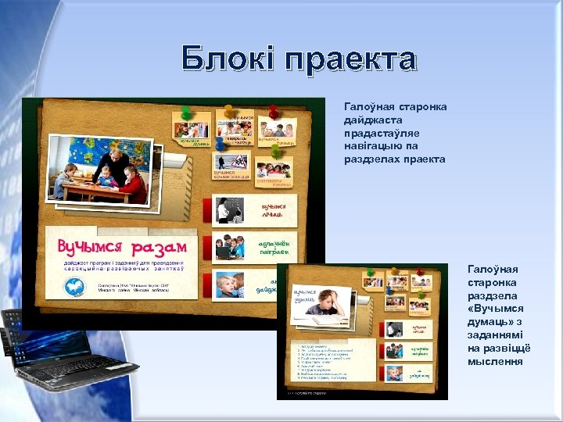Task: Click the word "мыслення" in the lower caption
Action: (x=495, y=361)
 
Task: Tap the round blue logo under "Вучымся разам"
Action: (x=76, y=288)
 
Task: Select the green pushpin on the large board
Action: (x=229, y=112)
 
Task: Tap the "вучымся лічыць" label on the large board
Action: (x=273, y=209)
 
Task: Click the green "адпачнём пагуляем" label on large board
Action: (x=274, y=247)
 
